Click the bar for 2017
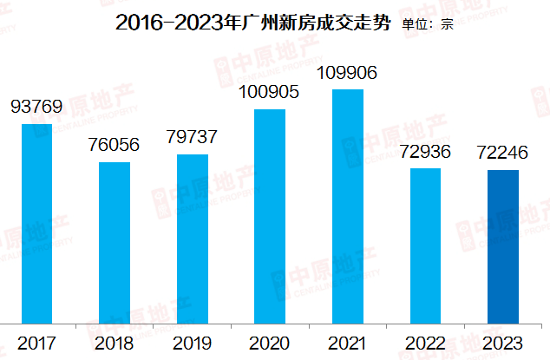(x=36, y=223)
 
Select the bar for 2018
(x=115, y=242)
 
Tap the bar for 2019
(x=193, y=239)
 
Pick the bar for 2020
(x=270, y=216)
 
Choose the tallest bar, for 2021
(x=348, y=206)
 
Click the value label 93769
(x=36, y=108)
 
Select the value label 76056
(x=115, y=145)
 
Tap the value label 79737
(x=193, y=137)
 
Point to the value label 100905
(x=270, y=91)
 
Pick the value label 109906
(x=348, y=73)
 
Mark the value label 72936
(x=425, y=152)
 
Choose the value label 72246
(x=502, y=153)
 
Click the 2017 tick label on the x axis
(x=36, y=343)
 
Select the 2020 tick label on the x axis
(x=270, y=343)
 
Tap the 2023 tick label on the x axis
(x=502, y=343)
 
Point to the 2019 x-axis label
(x=193, y=343)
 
